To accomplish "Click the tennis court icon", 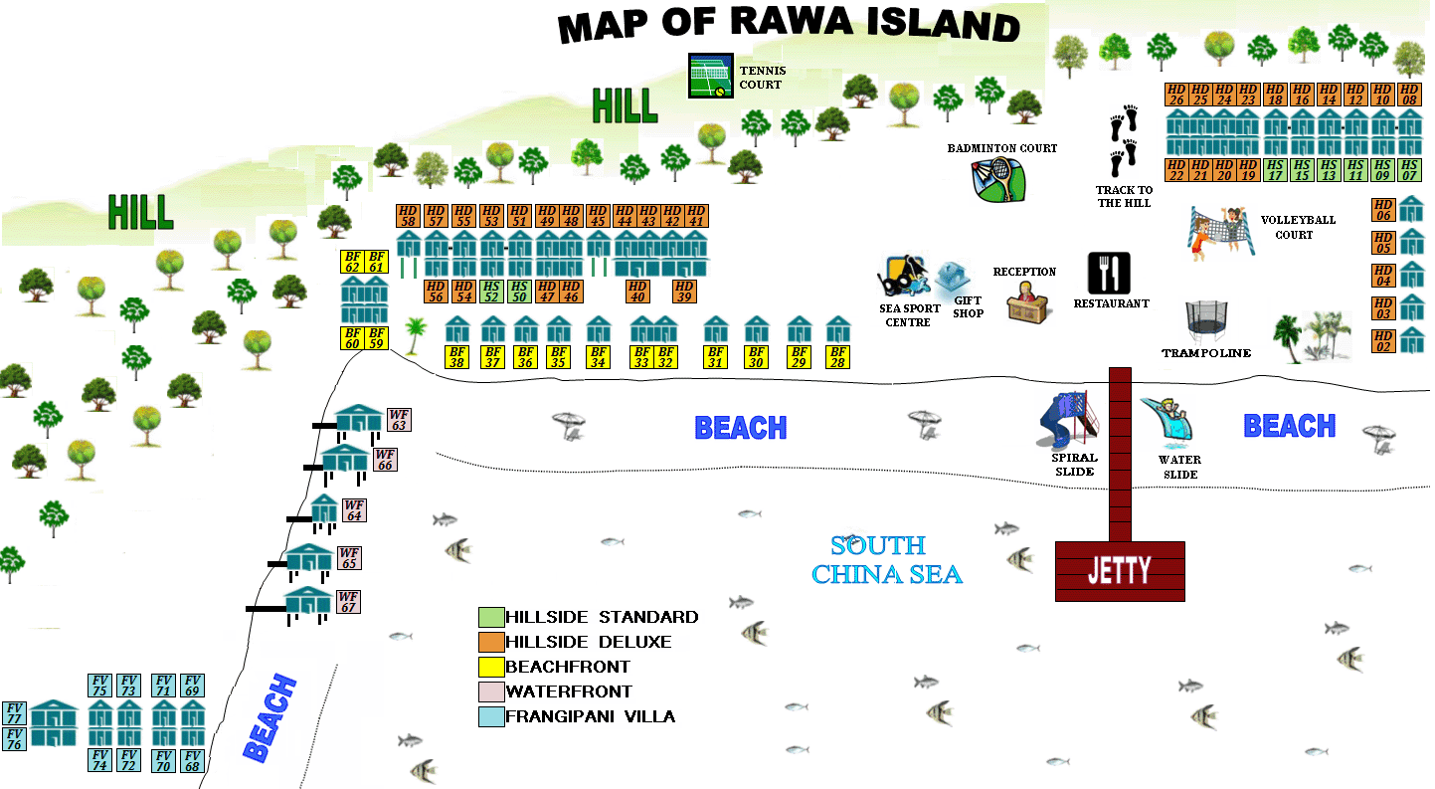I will tap(711, 76).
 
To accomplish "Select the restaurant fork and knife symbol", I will tap(1110, 273).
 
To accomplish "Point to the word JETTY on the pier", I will tap(1119, 571).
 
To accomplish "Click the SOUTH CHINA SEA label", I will tap(886, 560).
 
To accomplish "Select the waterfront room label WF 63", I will tap(399, 420).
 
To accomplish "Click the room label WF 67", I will tap(348, 602).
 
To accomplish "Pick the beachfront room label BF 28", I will tap(838, 357).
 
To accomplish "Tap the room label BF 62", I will tap(352, 262).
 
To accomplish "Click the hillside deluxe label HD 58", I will tap(408, 216).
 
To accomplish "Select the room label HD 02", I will tap(1383, 341).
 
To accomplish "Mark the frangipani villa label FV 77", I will tap(14, 713).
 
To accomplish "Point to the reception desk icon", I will tap(1028, 300).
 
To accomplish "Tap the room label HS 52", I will tap(490, 292).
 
